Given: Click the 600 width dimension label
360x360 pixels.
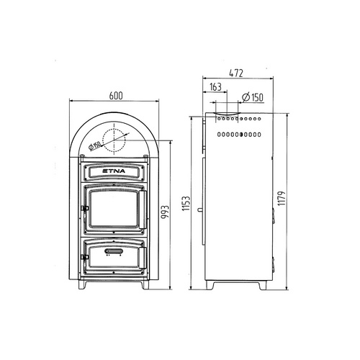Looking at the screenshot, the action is click(x=116, y=96).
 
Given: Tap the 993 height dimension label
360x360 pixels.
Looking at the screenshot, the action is click(x=165, y=212).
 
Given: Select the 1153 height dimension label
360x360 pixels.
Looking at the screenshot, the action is click(x=186, y=204).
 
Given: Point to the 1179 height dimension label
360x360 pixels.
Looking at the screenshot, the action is click(x=282, y=198).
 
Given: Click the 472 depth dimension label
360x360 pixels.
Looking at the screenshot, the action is click(x=236, y=73).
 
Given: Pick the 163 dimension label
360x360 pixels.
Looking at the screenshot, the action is click(x=215, y=87).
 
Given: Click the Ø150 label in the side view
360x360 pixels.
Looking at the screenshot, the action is click(x=253, y=97).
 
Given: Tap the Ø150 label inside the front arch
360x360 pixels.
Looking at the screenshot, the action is click(x=94, y=146).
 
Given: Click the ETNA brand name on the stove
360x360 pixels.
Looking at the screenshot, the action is click(x=114, y=171).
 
